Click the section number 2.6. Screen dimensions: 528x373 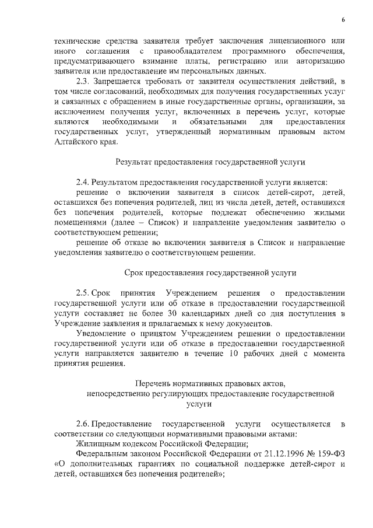(x=84, y=424)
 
